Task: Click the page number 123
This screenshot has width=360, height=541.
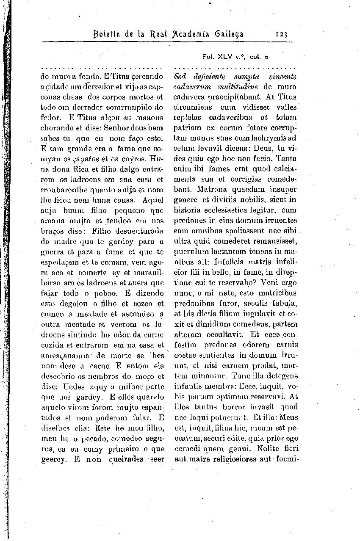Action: pyautogui.click(x=281, y=34)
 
